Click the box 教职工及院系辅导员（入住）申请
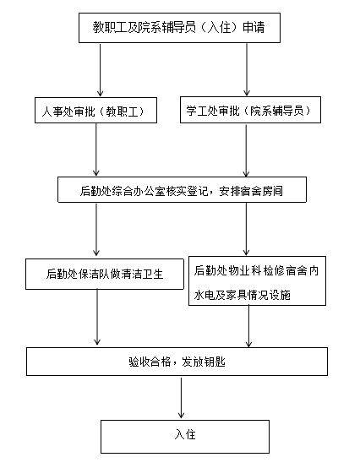tap(179, 28)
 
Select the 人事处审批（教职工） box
tap(95, 110)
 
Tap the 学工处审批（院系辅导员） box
tap(250, 110)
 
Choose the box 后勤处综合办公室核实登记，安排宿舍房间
tap(182, 190)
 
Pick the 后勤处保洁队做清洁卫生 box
tap(105, 274)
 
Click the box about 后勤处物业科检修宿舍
tap(257, 280)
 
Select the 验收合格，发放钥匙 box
tap(177, 362)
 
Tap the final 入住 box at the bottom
tap(185, 437)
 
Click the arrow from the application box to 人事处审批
tap(101, 70)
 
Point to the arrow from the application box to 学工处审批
tap(247, 69)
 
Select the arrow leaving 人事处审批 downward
tap(96, 150)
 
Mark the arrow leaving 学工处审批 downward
tap(246, 150)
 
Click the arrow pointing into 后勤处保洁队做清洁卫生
tap(96, 230)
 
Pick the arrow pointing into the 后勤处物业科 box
tap(246, 229)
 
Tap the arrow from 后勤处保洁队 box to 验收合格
tap(97, 318)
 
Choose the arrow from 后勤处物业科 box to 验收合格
tap(248, 327)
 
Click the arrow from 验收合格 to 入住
tap(181, 398)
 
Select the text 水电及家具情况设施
tap(242, 295)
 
